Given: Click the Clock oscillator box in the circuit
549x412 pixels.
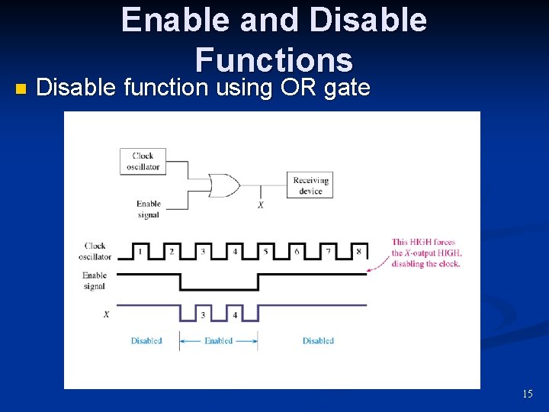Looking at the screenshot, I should coord(143,161).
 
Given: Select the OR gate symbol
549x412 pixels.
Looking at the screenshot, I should coord(224,185).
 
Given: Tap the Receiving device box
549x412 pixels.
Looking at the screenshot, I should coord(310,185).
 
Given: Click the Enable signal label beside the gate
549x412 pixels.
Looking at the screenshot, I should coord(148,209).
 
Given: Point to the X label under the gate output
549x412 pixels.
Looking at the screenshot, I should coord(261,205).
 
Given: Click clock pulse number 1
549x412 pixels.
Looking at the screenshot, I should coord(140,250).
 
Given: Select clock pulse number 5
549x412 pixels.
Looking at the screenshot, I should coord(265,250).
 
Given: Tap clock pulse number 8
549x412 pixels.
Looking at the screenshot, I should coord(358,250).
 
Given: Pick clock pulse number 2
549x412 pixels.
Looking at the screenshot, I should coord(172,250).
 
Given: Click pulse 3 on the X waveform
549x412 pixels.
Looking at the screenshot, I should coord(203,314).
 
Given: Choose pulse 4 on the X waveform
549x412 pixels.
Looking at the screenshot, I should coord(234,314).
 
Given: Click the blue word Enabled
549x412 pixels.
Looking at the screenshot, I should coord(218,341).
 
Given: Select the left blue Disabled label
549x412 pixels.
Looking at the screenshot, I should coord(146,341).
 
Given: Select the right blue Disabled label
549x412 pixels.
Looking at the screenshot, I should coord(318,341).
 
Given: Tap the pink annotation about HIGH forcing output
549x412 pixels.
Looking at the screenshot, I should coord(426,253).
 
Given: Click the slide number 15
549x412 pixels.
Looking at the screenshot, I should coord(527,394).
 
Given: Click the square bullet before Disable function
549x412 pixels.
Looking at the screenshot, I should coord(20,89).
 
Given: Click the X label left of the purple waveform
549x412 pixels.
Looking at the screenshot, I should coord(106,314).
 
